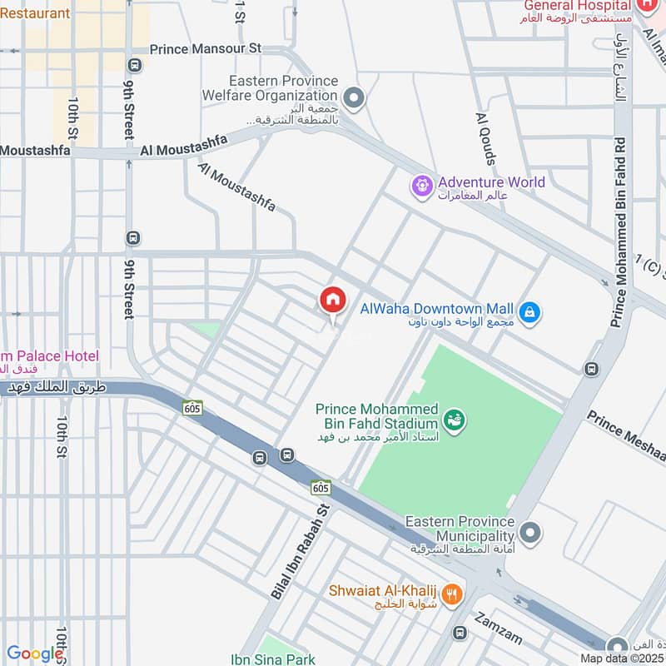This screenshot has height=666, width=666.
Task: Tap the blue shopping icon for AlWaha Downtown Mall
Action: pyautogui.click(x=529, y=313)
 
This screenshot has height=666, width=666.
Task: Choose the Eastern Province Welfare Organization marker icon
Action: pyautogui.click(x=355, y=100)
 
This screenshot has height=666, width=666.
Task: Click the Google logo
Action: pyautogui.click(x=35, y=654)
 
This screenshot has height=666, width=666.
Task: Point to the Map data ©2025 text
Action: pyautogui.click(x=621, y=658)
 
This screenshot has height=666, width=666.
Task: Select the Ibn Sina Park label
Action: pyautogui.click(x=273, y=659)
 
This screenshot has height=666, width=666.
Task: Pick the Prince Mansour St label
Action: pyautogui.click(x=206, y=49)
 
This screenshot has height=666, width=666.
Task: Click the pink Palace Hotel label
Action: pyautogui.click(x=50, y=356)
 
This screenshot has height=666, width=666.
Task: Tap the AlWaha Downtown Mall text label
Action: pyautogui.click(x=437, y=309)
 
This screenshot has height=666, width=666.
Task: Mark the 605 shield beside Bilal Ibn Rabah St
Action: pyautogui.click(x=321, y=487)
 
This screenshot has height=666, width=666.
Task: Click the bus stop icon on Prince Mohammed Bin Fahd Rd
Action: pyautogui.click(x=591, y=369)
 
